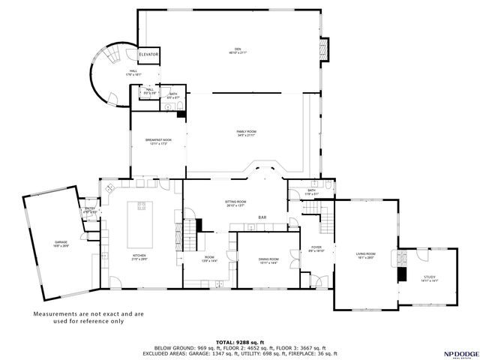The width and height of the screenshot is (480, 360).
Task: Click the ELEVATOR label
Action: click(148, 54)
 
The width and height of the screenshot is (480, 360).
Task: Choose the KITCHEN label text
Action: click(139, 257)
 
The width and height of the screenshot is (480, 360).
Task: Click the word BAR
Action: click(262, 218)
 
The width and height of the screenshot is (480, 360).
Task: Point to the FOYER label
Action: click(316, 248)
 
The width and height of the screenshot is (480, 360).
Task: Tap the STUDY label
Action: click(429, 279)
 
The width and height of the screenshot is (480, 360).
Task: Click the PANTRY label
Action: click(89, 210)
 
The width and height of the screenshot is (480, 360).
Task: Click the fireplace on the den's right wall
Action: click(325, 49)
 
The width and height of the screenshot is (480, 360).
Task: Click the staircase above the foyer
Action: click(328, 221)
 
